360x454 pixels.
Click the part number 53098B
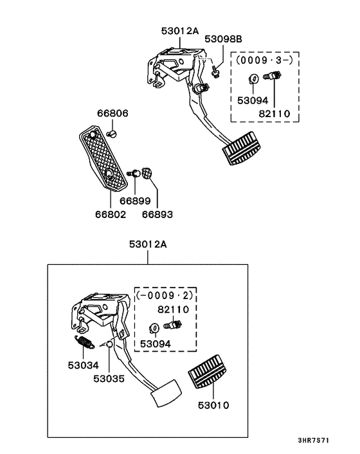pos(223,39)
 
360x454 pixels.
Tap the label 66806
pos(113,113)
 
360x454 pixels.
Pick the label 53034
pos(84,365)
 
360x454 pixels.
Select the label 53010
pos(213,406)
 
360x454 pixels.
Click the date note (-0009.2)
pos(164,296)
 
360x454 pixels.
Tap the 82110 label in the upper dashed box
pos(274,114)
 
